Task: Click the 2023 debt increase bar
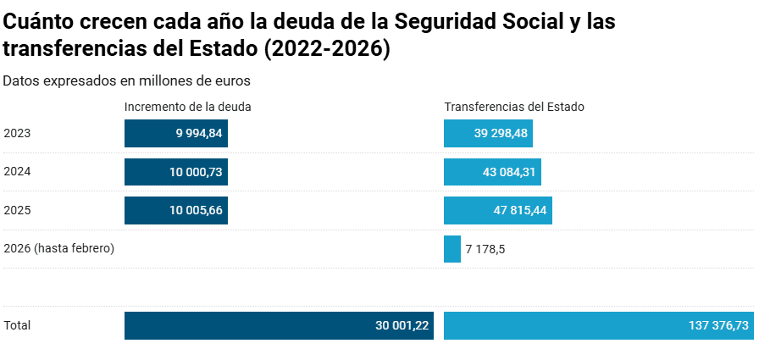[x=175, y=134]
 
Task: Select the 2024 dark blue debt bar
[x=175, y=172]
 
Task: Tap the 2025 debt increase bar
[x=175, y=210]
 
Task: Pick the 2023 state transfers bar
[x=488, y=134]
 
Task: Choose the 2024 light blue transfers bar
[x=492, y=172]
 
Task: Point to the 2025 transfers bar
[x=498, y=210]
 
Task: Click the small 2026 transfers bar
[x=452, y=249]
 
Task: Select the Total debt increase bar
[x=279, y=325]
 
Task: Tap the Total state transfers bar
[x=598, y=325]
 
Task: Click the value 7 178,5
[x=485, y=249]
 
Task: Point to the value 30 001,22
[x=402, y=325]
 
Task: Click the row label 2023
[x=18, y=133]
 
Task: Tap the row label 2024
[x=18, y=171]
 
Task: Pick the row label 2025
[x=18, y=209]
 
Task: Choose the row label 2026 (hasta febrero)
[x=59, y=248]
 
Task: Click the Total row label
[x=17, y=325]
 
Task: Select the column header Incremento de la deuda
[x=188, y=107]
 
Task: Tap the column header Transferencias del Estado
[x=514, y=107]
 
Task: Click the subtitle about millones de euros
[x=125, y=81]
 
